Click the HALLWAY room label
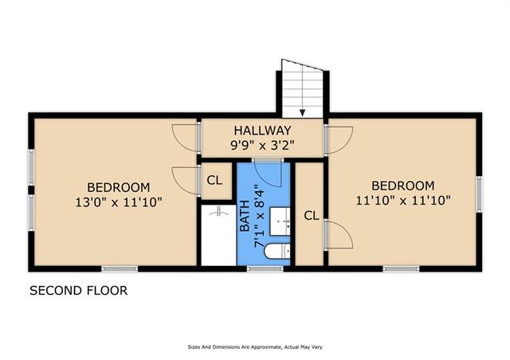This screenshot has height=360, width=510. pos(262,131)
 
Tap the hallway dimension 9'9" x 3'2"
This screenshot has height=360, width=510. pos(262,145)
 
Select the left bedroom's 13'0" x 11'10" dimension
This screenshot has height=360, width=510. pos(119,202)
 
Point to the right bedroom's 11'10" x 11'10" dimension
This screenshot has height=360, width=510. pos(403,201)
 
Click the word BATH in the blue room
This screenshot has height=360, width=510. pos(245,216)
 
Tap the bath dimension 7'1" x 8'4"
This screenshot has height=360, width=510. pos(259,217)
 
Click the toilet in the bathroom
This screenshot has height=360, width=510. pos(277,252)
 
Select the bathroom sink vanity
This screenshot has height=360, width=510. pos(280,221)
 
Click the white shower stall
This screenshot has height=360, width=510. pos(218,235)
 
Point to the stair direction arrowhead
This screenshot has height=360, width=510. pos(303,113)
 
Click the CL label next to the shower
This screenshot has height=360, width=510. pos(214,180)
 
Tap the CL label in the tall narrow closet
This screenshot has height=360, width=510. pos(312,215)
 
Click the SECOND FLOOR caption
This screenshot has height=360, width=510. pos(79,291)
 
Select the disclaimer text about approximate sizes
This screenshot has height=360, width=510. pos(255,347)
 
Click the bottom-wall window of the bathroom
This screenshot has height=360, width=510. pos(265,268)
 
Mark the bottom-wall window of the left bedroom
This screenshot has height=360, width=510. pos(120,268)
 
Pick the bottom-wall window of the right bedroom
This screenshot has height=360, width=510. pos(401,268)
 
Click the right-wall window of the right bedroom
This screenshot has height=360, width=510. pos(479,194)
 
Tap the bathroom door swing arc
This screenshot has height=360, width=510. pos(272,178)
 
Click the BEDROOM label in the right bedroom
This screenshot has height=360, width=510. pos(403,186)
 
